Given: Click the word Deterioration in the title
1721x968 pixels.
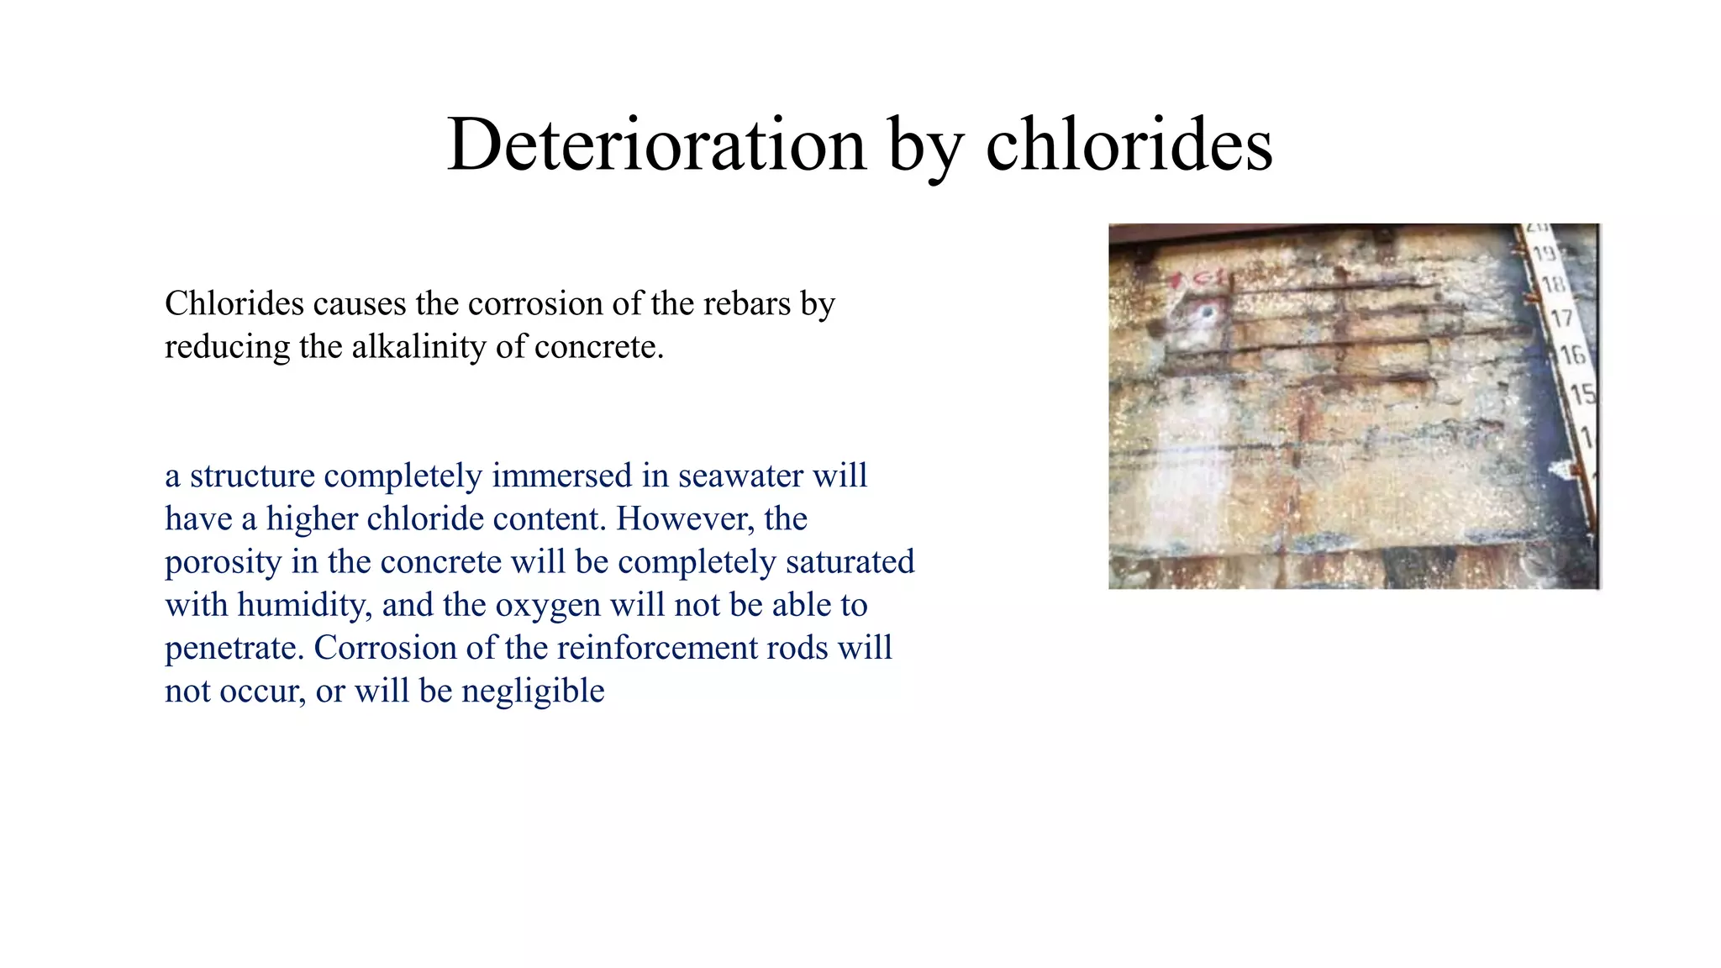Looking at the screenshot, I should pyautogui.click(x=656, y=145).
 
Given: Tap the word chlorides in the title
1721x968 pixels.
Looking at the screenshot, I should pyautogui.click(x=1129, y=145).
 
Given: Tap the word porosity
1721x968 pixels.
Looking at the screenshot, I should pyautogui.click(x=222, y=562).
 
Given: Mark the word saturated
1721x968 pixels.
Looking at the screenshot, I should pyautogui.click(x=850, y=562).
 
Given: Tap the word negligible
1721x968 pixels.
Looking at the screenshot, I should pyautogui.click(x=533, y=691).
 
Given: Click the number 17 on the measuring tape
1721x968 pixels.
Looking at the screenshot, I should pyautogui.click(x=1561, y=319).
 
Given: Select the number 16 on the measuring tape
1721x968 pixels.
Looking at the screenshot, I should pyautogui.click(x=1572, y=355).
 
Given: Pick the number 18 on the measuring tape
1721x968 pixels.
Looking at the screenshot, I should pyautogui.click(x=1553, y=285).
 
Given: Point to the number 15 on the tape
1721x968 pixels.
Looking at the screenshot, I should pyautogui.click(x=1582, y=393).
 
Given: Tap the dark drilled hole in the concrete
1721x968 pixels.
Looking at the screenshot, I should pyautogui.click(x=1208, y=313).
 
